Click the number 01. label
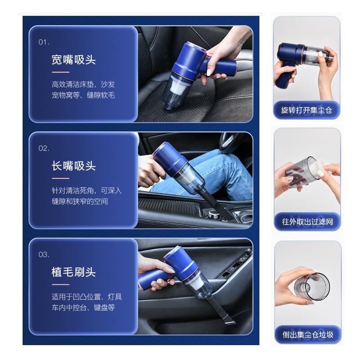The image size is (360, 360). point(44,42)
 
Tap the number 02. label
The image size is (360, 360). point(44,148)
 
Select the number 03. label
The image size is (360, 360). point(44,254)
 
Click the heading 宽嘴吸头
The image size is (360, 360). point(73,60)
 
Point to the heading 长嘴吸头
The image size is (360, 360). point(73,166)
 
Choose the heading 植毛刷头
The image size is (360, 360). point(73,272)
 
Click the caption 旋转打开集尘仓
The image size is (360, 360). point(306,110)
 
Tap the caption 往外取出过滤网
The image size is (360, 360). point(307,222)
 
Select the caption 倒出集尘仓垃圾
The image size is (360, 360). point(308,334)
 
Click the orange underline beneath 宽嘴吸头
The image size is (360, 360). point(60,72)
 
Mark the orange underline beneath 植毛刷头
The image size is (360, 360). point(60,285)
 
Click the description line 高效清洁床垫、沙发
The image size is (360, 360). point(83,84)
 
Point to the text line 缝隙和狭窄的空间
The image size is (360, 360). point(80,201)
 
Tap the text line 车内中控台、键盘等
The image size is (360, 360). point(83,307)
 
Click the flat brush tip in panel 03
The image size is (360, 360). point(229,320)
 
